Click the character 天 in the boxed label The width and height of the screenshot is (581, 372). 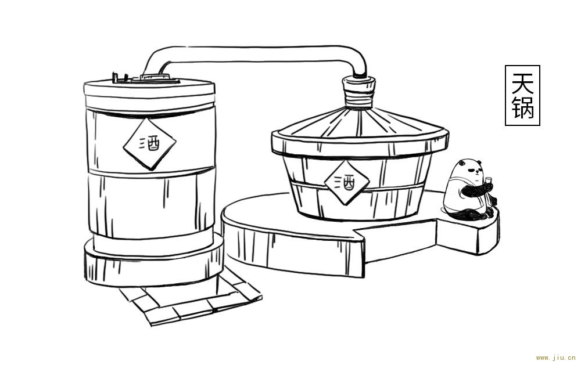(x=522, y=83)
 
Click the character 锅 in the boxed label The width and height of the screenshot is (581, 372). (x=522, y=107)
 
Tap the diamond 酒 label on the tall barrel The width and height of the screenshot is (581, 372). (x=149, y=143)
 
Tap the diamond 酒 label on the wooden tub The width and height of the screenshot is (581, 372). (x=347, y=182)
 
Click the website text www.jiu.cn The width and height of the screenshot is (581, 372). (x=555, y=358)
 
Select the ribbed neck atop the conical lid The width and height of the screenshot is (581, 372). (x=358, y=92)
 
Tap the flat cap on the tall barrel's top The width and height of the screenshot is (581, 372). (x=155, y=78)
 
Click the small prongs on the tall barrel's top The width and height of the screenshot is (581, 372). (x=120, y=77)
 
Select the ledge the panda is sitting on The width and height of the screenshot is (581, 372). (x=469, y=232)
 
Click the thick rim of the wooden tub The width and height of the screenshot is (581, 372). (x=360, y=145)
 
